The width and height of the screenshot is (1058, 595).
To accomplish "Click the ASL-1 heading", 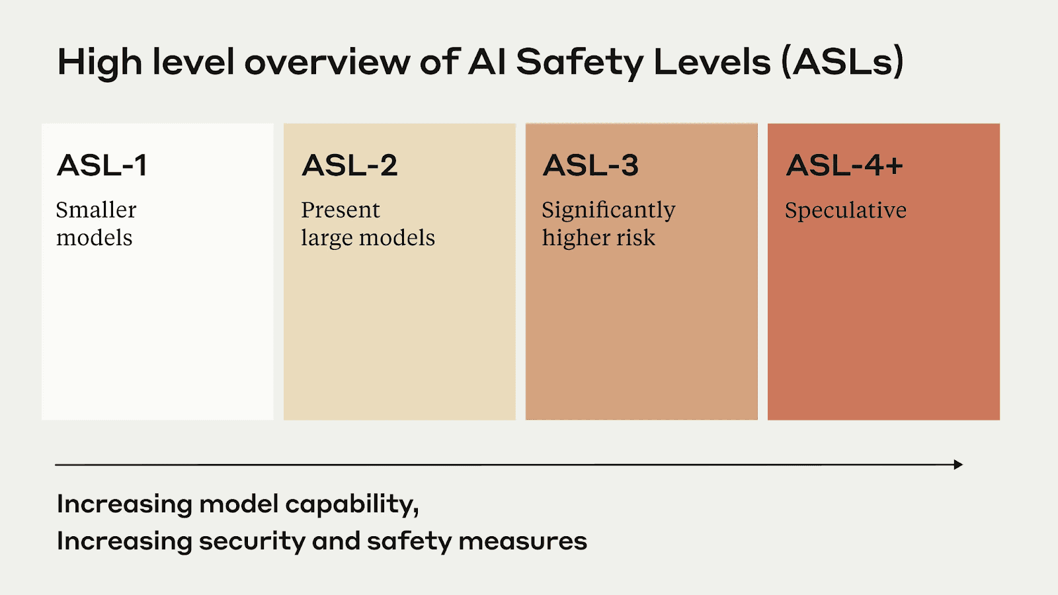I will tap(102, 165).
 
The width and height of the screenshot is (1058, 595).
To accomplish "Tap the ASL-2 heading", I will tap(350, 165).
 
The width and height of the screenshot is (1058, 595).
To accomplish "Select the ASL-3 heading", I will tap(590, 165).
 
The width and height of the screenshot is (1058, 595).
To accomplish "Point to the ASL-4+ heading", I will tap(844, 165).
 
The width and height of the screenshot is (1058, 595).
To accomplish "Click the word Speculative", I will tap(846, 210).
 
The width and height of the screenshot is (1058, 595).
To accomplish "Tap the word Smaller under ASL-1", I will tap(96, 210).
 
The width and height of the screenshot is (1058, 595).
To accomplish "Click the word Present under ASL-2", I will tap(341, 210).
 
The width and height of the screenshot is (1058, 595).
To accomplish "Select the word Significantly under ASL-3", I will tap(608, 210).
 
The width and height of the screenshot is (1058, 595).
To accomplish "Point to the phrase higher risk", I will tap(598, 237).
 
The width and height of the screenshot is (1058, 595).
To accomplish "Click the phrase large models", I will tap(368, 238).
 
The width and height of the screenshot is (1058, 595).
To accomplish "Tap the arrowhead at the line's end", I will tap(958, 465).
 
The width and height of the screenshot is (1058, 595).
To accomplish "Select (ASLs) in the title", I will tap(842, 62).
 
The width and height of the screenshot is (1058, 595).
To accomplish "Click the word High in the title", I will tap(99, 62).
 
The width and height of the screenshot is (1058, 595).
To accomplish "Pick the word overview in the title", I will tap(327, 62).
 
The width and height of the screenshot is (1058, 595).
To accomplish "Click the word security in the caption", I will tap(252, 541).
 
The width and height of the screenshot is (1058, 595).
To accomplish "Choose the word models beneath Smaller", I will tap(95, 238).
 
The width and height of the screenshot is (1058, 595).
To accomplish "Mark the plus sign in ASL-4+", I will tap(894, 166).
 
